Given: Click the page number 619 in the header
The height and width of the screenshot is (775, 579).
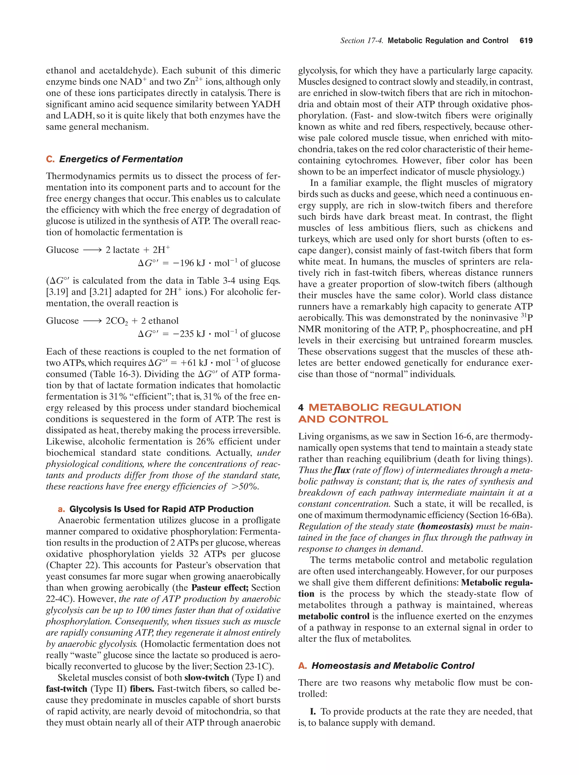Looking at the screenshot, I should pyautogui.click(x=526, y=41).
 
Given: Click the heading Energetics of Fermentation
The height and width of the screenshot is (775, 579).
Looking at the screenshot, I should pyautogui.click(x=121, y=159).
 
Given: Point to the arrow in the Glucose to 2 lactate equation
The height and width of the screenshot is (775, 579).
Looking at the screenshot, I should pyautogui.click(x=92, y=250).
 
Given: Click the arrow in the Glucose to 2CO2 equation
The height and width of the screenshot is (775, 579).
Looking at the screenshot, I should pyautogui.click(x=92, y=321).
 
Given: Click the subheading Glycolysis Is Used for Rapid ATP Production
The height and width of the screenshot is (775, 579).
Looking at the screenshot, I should pyautogui.click(x=161, y=509).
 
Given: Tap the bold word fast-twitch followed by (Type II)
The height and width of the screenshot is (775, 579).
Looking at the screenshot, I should pyautogui.click(x=66, y=688).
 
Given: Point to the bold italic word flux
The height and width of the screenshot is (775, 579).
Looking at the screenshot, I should pyautogui.click(x=342, y=470).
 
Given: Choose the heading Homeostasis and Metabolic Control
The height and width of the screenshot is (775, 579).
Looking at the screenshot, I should pyautogui.click(x=393, y=666).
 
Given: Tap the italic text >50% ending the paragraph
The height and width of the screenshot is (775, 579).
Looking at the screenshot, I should pyautogui.click(x=245, y=487).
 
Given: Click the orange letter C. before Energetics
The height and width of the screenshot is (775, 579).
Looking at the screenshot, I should pyautogui.click(x=50, y=159).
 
